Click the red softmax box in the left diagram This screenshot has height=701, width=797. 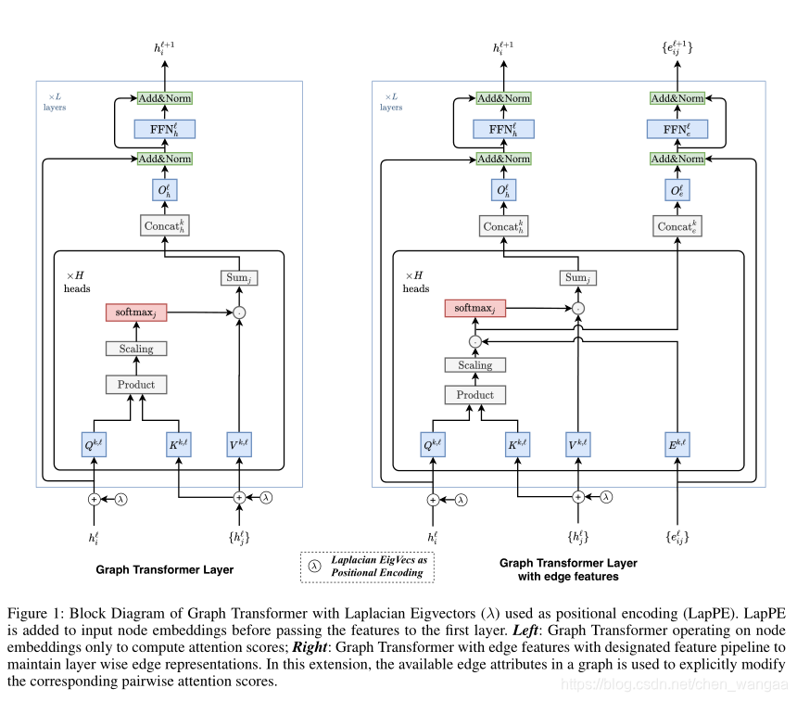pyautogui.click(x=136, y=312)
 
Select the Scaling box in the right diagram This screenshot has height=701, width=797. pyautogui.click(x=475, y=364)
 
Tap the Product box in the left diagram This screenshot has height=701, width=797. pyautogui.click(x=136, y=385)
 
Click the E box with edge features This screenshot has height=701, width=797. pyautogui.click(x=677, y=444)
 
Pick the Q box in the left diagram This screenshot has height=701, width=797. pyautogui.click(x=94, y=444)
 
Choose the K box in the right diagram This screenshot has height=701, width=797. pyautogui.click(x=517, y=444)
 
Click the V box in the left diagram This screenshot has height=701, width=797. pyautogui.click(x=239, y=444)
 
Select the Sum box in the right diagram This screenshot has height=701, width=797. pyautogui.click(x=578, y=278)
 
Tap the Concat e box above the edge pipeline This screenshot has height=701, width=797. pyautogui.click(x=677, y=226)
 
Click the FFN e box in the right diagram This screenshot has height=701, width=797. pyautogui.click(x=677, y=129)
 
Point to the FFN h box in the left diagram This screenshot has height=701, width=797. pyautogui.click(x=165, y=129)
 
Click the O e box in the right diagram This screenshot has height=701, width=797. pyautogui.click(x=677, y=190)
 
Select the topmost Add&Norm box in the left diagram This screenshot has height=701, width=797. pyautogui.click(x=165, y=98)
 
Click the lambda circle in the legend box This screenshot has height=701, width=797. pyautogui.click(x=315, y=567)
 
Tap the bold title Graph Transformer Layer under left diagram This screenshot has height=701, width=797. pyautogui.click(x=165, y=569)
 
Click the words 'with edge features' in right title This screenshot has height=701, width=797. pyautogui.click(x=568, y=577)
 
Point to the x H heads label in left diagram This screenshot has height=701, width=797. pyautogui.click(x=77, y=282)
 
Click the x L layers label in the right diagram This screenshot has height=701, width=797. pyautogui.click(x=391, y=102)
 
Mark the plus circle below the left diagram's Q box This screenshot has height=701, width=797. pyautogui.click(x=94, y=500)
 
